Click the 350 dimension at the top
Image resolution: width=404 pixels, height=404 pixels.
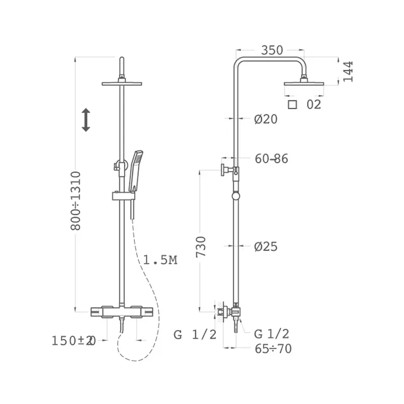pyautogui.click(x=272, y=50)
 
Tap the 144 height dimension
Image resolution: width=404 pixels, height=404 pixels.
pyautogui.click(x=347, y=72)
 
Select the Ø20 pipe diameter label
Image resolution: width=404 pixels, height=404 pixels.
pyautogui.click(x=266, y=119)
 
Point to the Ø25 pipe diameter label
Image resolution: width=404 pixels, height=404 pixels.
pyautogui.click(x=266, y=246)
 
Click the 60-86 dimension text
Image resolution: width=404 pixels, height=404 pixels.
pyautogui.click(x=271, y=159)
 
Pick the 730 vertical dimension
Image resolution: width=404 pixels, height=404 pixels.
pyautogui.click(x=201, y=246)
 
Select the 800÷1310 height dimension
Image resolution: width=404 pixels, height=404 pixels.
pyautogui.click(x=76, y=200)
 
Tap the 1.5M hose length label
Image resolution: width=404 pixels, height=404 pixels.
pyautogui.click(x=160, y=260)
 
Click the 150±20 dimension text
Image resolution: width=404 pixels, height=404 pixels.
pyautogui.click(x=74, y=341)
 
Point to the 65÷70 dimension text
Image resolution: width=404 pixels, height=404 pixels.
pyautogui.click(x=273, y=349)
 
